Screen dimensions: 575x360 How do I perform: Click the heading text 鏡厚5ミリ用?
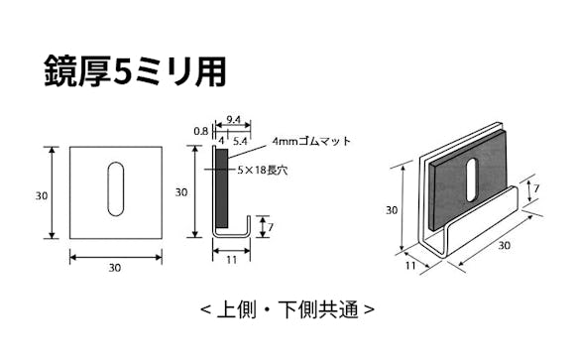pos(135,70)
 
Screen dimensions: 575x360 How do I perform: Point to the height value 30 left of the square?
pos(42,195)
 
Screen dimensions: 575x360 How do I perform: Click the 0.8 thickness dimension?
pos(201,130)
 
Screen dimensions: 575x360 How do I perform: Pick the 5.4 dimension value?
pos(240,143)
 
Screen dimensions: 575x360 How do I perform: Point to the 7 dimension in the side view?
pos(273,227)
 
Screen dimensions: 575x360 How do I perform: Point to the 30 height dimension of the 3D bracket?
pos(393,209)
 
